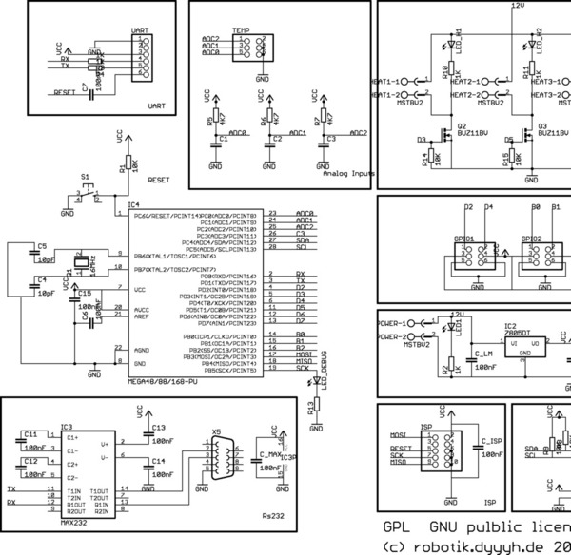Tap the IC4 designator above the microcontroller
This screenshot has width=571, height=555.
click(x=134, y=205)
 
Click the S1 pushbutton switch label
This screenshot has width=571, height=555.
click(x=86, y=178)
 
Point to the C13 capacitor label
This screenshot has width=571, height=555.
click(x=159, y=428)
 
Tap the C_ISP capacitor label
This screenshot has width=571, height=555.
click(x=491, y=441)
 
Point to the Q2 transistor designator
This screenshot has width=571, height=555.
click(x=463, y=125)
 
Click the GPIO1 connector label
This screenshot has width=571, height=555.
click(x=465, y=239)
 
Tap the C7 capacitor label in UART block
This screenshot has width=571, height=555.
click(x=85, y=87)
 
